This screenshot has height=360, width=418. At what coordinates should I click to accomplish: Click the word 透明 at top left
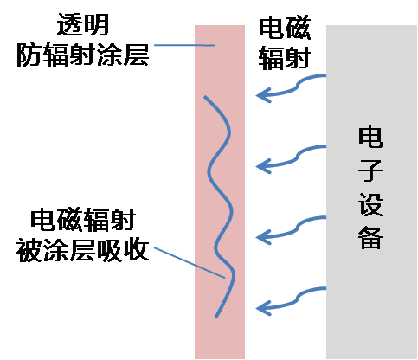(83, 24)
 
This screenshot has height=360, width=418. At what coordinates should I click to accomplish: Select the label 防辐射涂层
(83, 55)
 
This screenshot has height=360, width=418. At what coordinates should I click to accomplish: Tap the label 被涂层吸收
(83, 250)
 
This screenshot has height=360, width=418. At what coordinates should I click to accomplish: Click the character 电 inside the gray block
(370, 137)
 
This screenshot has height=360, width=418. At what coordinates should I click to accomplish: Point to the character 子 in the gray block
(370, 170)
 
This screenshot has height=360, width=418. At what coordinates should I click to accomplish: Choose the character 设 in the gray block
(370, 204)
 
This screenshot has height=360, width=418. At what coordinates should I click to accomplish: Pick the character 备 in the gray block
(370, 238)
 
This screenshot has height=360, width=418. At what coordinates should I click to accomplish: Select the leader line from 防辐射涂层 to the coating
(184, 45)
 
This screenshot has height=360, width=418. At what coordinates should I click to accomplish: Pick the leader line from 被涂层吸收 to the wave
(190, 262)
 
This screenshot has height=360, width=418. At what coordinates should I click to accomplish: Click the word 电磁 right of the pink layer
(285, 29)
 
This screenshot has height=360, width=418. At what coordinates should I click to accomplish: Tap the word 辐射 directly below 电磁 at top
(285, 58)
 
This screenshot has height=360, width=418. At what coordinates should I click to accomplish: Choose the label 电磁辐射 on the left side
(83, 220)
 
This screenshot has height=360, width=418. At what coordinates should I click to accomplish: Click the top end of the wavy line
(204, 97)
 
